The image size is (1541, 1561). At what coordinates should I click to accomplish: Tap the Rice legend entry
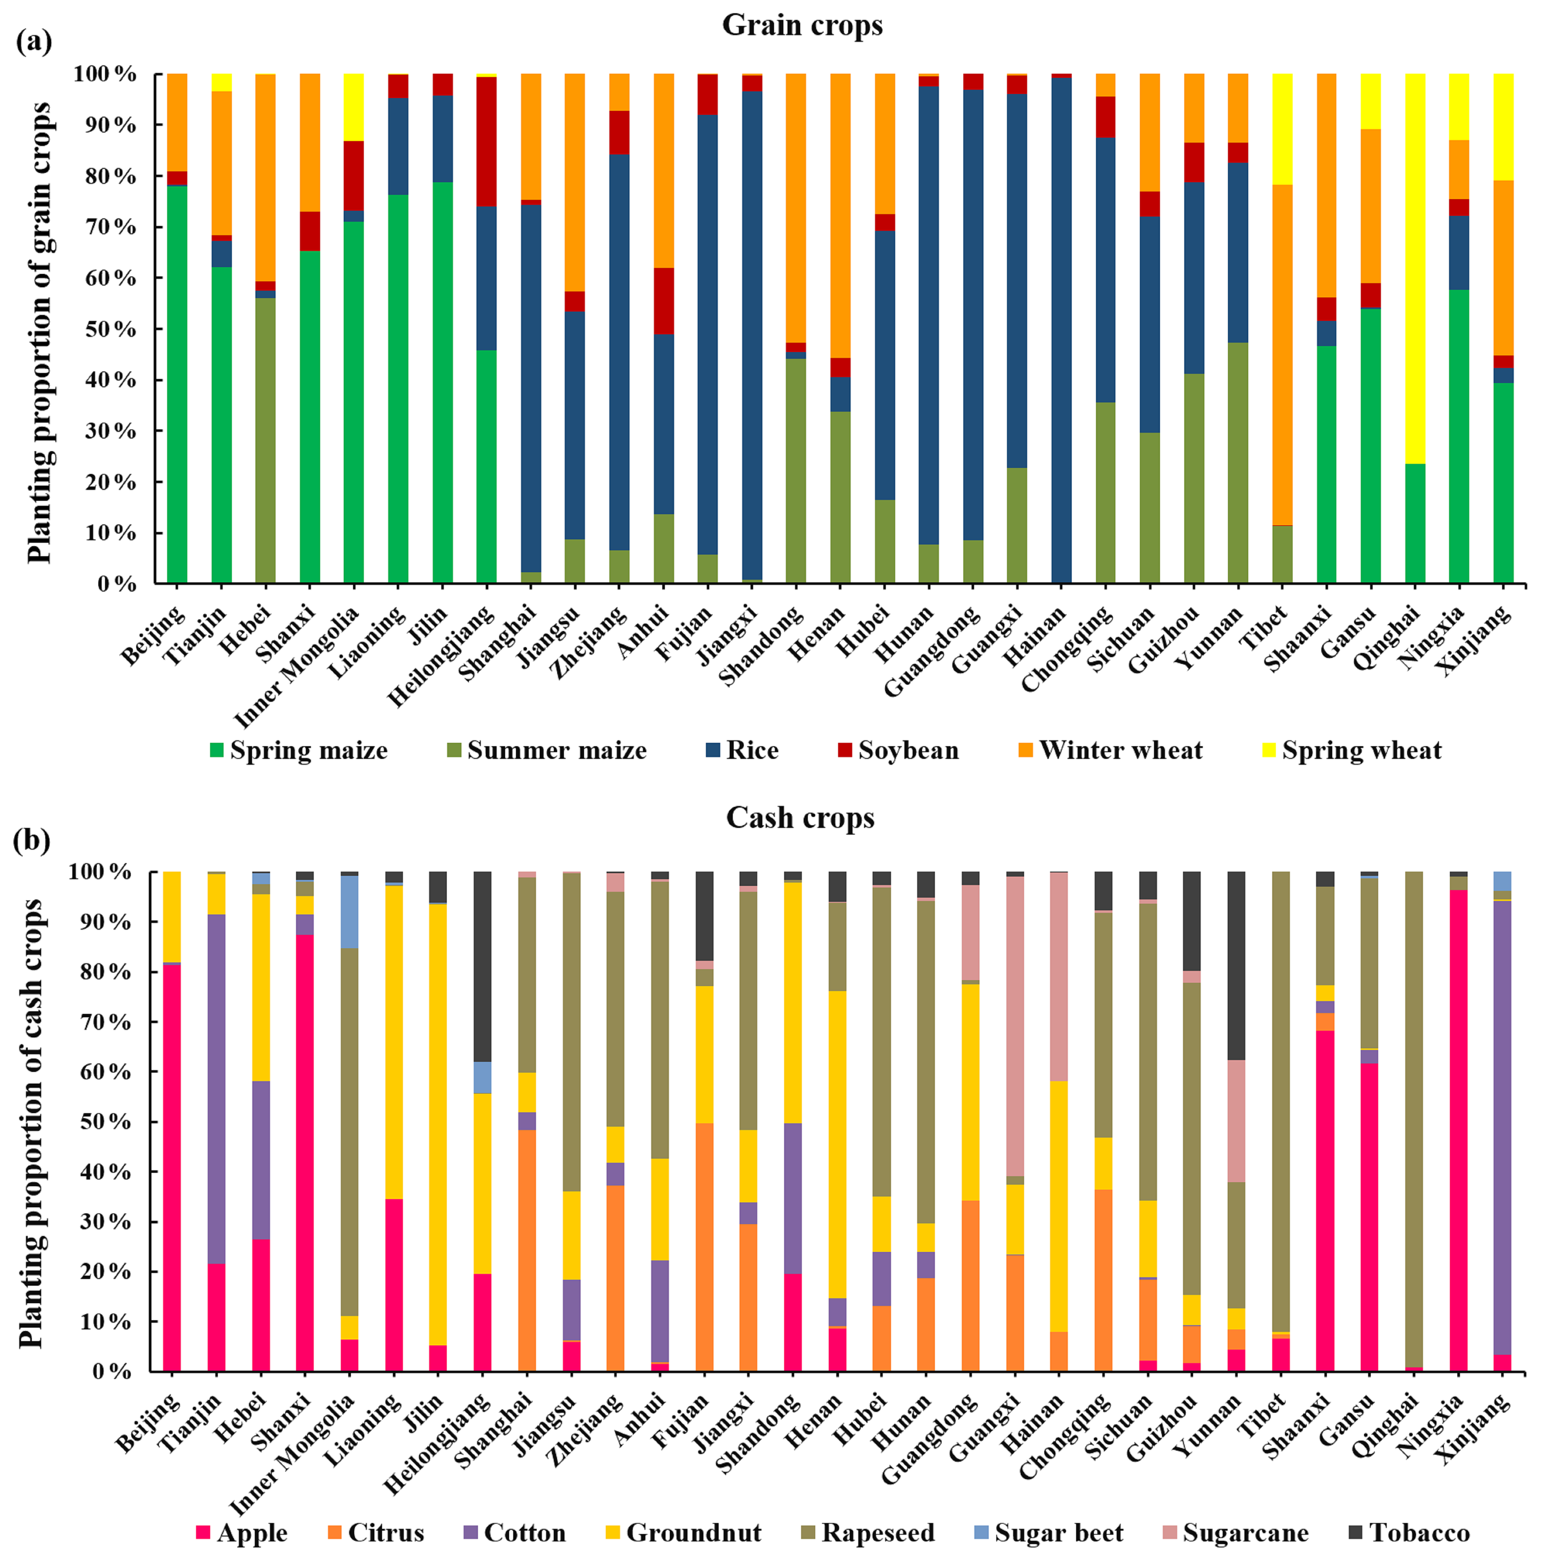751,751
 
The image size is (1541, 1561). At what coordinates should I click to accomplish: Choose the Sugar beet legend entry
1058,1533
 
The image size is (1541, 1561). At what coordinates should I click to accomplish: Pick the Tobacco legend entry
1419,1533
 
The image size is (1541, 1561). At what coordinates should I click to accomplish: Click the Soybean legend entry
908,751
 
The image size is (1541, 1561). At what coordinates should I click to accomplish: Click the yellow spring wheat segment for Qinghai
1415,266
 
